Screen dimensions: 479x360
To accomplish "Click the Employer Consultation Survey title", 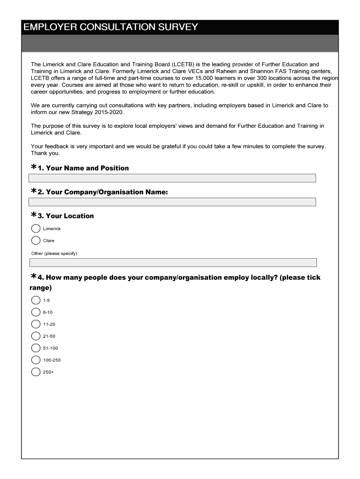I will point(111,27).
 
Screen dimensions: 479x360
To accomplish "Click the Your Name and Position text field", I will point(172,178).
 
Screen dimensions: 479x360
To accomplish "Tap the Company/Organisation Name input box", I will point(172,202).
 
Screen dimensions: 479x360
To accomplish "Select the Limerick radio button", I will point(36,229).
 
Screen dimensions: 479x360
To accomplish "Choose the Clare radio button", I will point(36,240).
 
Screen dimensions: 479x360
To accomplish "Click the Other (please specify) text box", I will point(173,262).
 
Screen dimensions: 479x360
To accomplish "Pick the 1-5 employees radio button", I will point(36,300).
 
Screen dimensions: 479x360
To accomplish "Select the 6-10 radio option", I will point(36,312).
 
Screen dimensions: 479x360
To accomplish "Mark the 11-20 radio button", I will point(36,324).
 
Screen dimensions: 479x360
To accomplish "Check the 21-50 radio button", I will point(36,336).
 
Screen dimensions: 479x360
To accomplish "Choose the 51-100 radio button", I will point(36,348).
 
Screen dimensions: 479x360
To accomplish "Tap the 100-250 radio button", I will point(36,360).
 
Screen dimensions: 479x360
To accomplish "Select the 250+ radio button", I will point(36,372).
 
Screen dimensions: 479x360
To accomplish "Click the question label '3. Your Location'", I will point(65,216).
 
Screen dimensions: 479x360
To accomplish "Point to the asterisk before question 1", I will point(34,167).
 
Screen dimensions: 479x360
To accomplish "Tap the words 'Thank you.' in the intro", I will point(45,153).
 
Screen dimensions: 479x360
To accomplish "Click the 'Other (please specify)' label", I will point(54,254).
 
